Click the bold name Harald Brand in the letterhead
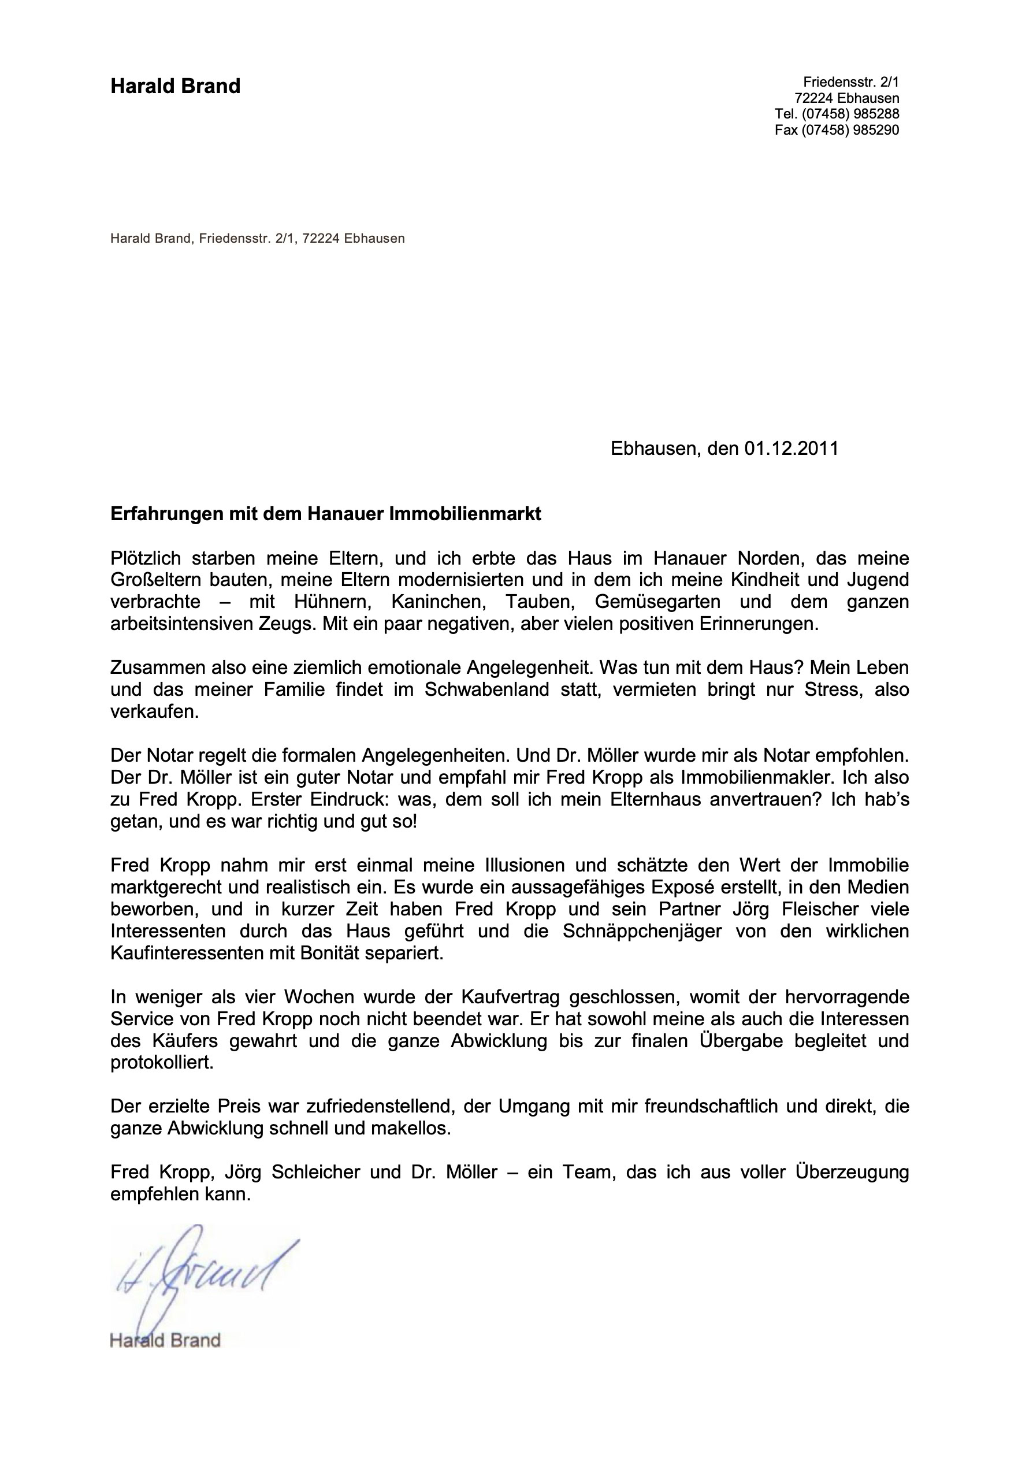[176, 86]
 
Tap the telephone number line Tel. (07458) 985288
[837, 114]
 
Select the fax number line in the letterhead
[837, 130]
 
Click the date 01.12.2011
[792, 448]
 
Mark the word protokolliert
[162, 1063]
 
